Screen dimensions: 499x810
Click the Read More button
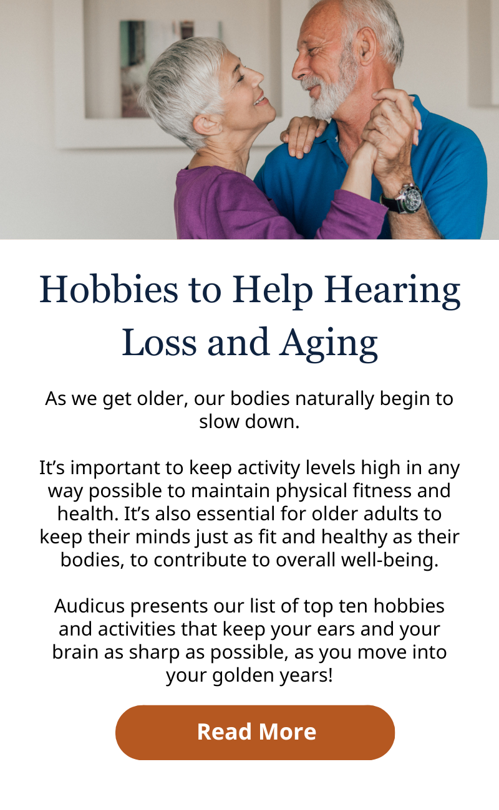coord(255,732)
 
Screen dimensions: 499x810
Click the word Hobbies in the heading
coord(109,290)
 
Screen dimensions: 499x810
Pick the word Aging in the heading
coord(329,344)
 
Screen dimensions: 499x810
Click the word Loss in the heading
coord(159,342)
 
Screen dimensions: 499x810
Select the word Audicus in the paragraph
coord(89,606)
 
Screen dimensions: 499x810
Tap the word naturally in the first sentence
coord(334,399)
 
